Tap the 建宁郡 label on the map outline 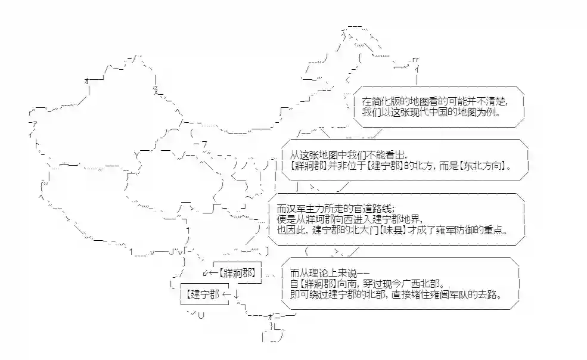pos(202,293)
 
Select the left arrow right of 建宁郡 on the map pos(225,293)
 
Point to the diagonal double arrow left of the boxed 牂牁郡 pos(206,274)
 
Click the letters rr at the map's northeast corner pos(415,59)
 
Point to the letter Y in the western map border pos(137,154)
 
